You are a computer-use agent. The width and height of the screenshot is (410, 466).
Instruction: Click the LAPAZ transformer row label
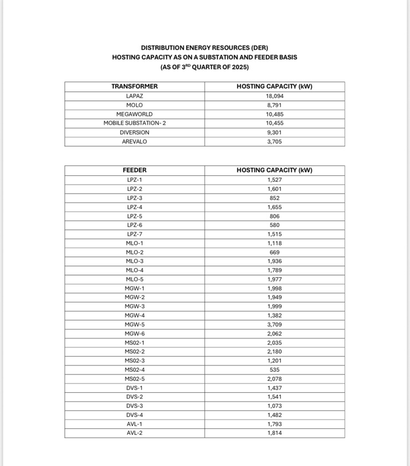pos(134,96)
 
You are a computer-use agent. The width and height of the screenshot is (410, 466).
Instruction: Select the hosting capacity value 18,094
pos(275,96)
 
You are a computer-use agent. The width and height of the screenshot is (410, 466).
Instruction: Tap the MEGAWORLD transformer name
pos(134,114)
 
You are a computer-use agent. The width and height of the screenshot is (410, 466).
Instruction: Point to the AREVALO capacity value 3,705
pos(275,142)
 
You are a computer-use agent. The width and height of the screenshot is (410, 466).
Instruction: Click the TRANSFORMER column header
pos(134,87)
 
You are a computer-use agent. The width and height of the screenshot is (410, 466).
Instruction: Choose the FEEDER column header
pos(134,170)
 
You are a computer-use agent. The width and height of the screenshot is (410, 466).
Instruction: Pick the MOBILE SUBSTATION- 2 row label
pos(134,123)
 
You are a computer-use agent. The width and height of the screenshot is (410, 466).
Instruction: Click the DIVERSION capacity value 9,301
pos(275,133)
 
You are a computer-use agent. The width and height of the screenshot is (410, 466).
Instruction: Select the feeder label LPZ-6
pos(134,225)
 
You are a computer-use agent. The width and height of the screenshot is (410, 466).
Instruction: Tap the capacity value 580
pos(275,225)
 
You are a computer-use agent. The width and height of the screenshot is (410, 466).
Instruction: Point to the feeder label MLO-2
pos(134,252)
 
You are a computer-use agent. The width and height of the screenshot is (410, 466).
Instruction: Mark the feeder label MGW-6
pos(134,333)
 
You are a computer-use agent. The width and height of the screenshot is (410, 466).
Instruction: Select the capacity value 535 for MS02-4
pos(275,369)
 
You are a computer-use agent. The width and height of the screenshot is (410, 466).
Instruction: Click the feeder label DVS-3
pos(134,406)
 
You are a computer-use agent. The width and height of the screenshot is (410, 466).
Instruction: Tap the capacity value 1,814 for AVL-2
pos(275,433)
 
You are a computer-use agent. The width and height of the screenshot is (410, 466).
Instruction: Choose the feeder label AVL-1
pos(134,424)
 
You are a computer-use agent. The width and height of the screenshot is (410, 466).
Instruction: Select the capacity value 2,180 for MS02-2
pos(275,352)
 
